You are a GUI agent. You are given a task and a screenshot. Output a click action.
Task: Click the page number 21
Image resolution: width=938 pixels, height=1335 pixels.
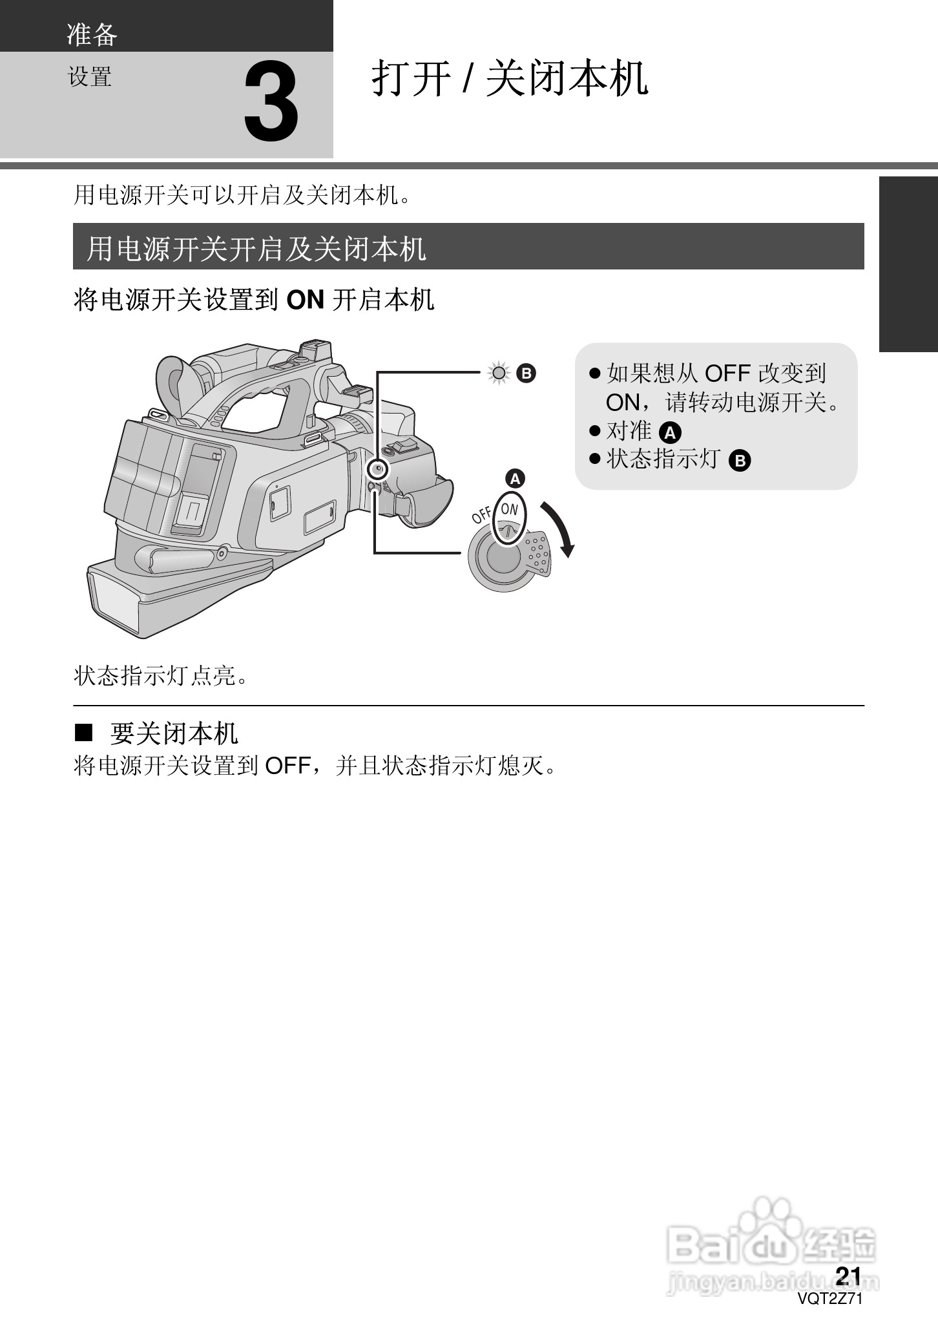click(x=848, y=1276)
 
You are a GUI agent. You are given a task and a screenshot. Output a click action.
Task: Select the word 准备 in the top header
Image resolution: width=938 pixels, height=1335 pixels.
click(x=92, y=34)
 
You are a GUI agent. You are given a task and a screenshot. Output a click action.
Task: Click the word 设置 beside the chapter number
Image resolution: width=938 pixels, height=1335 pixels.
click(x=90, y=77)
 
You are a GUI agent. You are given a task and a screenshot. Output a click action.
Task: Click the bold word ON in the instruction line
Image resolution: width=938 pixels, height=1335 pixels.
click(x=304, y=300)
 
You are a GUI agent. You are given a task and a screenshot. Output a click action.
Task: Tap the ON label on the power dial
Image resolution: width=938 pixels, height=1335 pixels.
click(x=510, y=509)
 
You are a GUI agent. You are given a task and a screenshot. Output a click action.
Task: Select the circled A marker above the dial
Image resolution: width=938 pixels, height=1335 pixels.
click(x=516, y=479)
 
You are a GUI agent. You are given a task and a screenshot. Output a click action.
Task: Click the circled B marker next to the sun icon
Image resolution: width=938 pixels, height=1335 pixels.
click(x=526, y=373)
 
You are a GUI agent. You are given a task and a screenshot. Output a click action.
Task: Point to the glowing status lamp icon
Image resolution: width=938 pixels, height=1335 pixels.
click(x=499, y=373)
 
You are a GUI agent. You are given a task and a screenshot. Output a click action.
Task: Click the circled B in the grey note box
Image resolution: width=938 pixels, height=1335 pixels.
click(x=740, y=461)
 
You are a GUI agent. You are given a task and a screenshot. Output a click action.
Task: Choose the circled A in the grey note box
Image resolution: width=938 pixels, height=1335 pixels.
click(x=671, y=432)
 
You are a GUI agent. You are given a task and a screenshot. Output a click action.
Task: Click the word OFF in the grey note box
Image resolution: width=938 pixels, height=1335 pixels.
click(x=727, y=373)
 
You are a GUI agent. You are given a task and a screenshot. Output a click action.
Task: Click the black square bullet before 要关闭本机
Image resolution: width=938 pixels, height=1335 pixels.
click(x=84, y=733)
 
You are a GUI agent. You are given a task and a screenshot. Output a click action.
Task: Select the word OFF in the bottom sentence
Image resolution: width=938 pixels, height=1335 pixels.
click(x=289, y=766)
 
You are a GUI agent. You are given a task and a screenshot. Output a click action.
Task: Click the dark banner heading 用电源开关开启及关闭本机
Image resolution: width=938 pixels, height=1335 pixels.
click(x=256, y=248)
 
